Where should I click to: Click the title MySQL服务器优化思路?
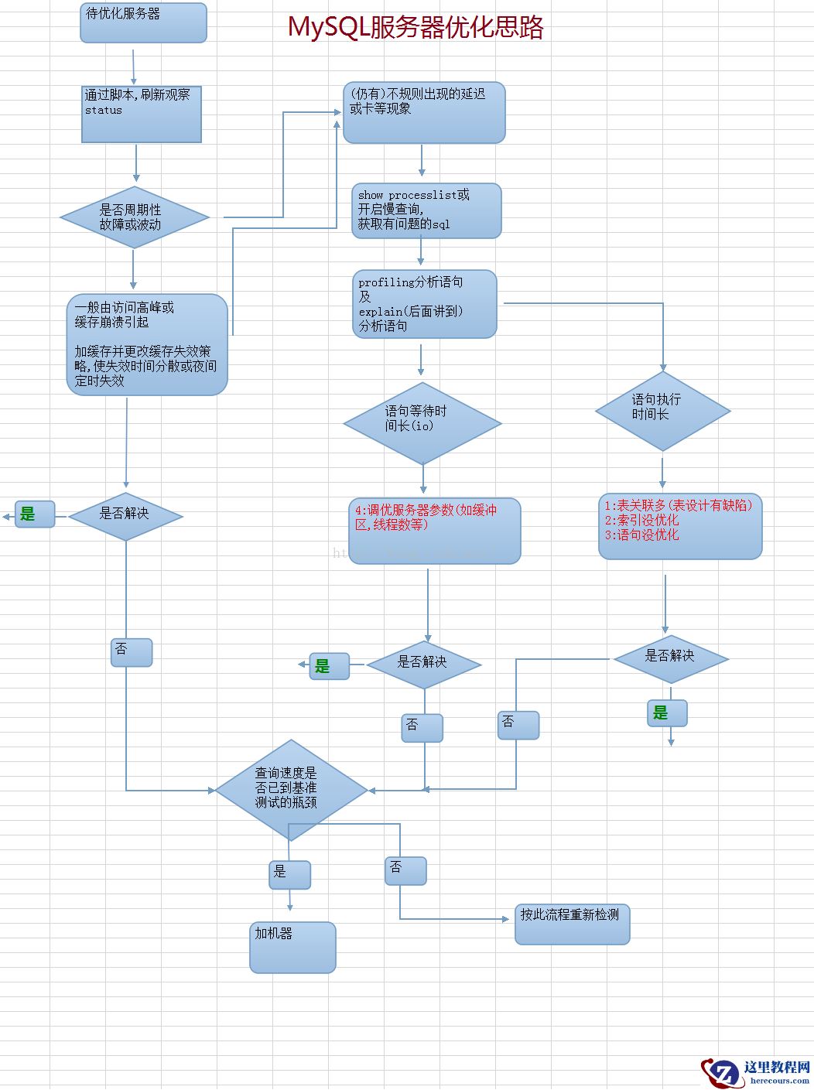[x=416, y=28]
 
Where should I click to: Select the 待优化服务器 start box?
[x=143, y=22]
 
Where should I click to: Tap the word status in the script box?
[x=104, y=111]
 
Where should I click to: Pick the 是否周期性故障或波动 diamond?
[x=135, y=217]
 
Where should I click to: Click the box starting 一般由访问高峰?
[x=147, y=344]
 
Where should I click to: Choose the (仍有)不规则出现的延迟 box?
[x=424, y=112]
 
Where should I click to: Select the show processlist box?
[x=426, y=210]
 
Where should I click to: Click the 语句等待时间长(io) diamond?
[x=422, y=423]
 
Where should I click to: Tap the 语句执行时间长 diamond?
[x=662, y=411]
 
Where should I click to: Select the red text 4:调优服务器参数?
[x=426, y=517]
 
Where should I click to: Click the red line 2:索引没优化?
[x=641, y=520]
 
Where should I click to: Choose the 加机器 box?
[x=292, y=947]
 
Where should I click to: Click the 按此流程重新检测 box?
[x=572, y=924]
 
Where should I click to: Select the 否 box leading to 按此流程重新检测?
[x=405, y=870]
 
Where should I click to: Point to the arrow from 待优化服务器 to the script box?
[x=134, y=67]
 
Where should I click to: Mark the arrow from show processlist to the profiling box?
[x=421, y=252]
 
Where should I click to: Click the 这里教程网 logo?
[x=756, y=1072]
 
